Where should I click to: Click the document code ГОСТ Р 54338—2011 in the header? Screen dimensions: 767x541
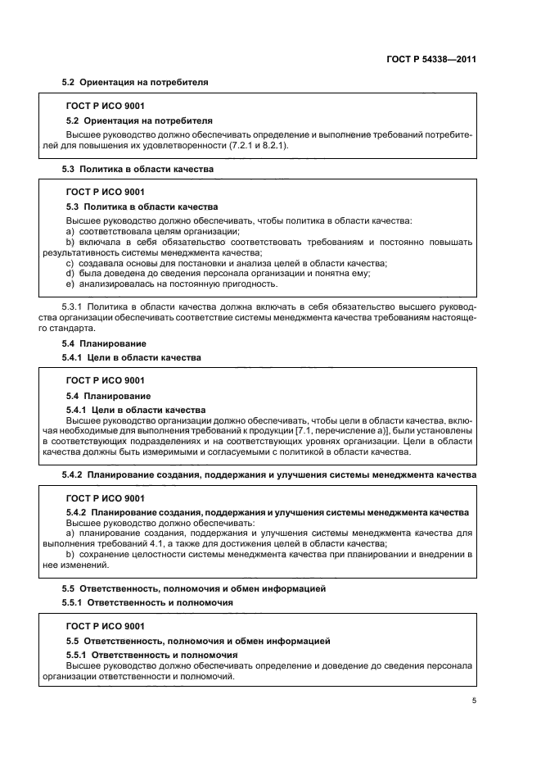pyautogui.click(x=431, y=60)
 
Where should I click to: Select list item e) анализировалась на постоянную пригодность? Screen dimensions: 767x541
pyautogui.click(x=171, y=284)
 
